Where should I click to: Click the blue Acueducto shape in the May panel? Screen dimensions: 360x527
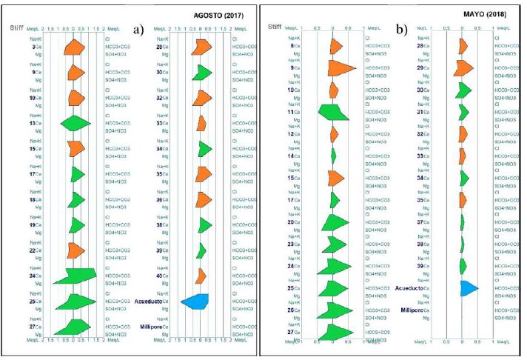click(468, 288)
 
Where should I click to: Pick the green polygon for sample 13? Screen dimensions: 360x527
click(73, 123)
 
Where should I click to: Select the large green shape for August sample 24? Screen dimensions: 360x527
click(78, 277)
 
